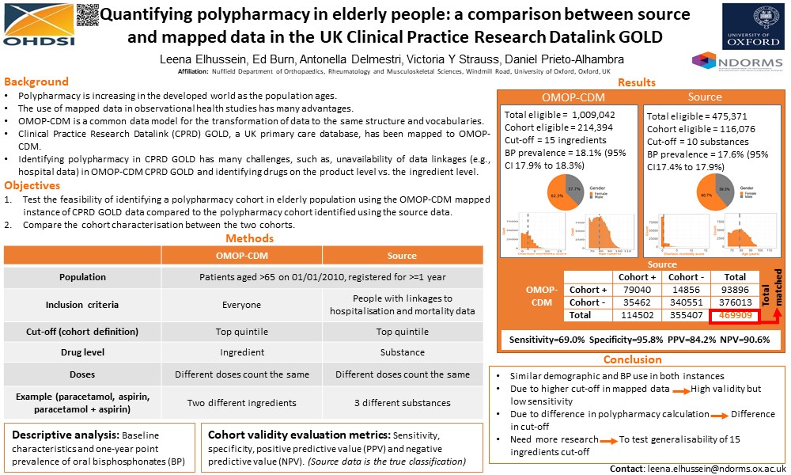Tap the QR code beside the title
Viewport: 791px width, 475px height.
pos(88,15)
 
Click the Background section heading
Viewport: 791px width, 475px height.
pos(36,82)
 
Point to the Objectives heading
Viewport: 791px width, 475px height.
pos(32,185)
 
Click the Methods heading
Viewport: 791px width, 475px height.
pos(249,238)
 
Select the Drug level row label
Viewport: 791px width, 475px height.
pos(82,351)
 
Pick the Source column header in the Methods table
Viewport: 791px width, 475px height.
pos(402,256)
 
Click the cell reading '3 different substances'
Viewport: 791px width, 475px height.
pos(402,402)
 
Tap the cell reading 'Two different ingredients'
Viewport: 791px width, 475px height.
pos(241,402)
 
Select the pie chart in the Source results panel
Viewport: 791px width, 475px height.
pos(705,194)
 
